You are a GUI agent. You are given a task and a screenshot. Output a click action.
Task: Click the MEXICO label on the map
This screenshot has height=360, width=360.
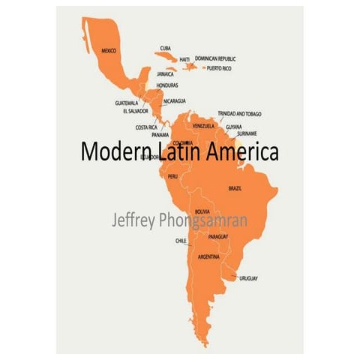tap(109, 50)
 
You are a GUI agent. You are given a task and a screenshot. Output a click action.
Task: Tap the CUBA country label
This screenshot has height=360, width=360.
tap(165, 47)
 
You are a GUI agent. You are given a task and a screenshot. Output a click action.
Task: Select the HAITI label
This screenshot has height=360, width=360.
tap(184, 58)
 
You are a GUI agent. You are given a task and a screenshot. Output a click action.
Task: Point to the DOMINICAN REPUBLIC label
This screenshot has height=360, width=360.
tap(215, 58)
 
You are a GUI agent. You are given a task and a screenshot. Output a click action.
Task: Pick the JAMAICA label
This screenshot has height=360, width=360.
tap(166, 74)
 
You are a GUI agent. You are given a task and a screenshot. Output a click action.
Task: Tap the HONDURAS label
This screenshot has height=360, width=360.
tap(167, 85)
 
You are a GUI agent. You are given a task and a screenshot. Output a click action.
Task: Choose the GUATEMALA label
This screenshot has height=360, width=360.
tap(127, 103)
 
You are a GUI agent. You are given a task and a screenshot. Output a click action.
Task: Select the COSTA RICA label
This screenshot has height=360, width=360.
tap(146, 127)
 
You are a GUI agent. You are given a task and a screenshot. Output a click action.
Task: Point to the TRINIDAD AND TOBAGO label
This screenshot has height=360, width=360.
tap(239, 113)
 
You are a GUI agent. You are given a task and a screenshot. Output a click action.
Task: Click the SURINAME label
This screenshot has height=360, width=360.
tap(247, 133)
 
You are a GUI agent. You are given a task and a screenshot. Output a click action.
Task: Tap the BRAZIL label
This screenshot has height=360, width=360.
tap(235, 188)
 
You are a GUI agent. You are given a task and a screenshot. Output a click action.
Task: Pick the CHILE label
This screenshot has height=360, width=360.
tap(181, 241)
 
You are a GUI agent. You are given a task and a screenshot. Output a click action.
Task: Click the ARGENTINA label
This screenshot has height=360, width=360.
tap(208, 256)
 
